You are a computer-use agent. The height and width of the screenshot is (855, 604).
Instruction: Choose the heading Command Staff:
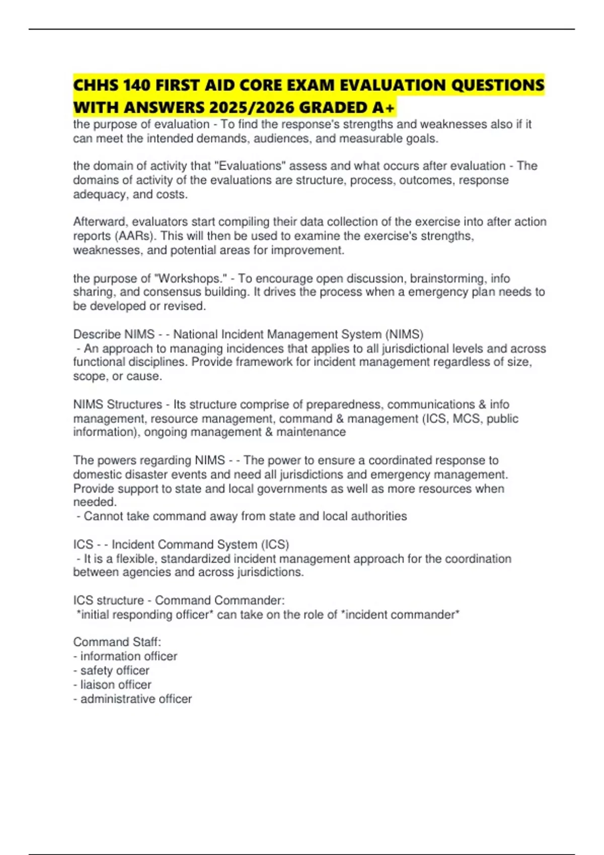coord(117,642)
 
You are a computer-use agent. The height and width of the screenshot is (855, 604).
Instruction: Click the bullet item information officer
coord(128,656)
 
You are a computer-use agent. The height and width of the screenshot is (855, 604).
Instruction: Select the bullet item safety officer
coord(115,670)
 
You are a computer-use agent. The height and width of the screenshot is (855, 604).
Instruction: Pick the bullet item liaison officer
coord(116,685)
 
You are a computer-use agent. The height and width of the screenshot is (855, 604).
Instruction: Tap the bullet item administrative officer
coord(136,699)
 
